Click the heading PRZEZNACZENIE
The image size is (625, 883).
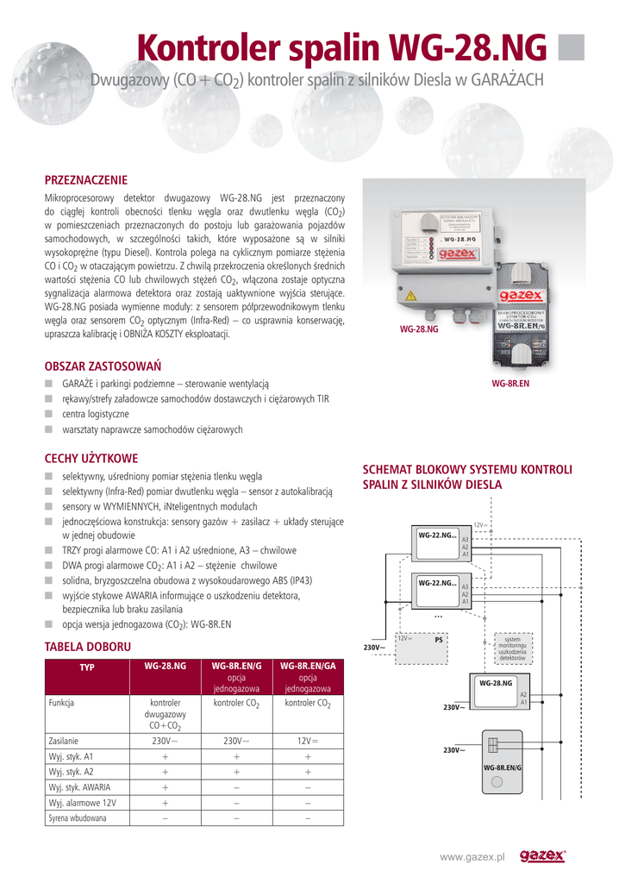(x=85, y=179)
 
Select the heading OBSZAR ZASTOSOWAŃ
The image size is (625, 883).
(x=103, y=366)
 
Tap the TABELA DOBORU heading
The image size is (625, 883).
(x=87, y=646)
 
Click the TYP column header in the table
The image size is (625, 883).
(x=86, y=667)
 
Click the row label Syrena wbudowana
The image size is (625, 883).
(x=78, y=817)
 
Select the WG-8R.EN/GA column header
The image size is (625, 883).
(x=308, y=666)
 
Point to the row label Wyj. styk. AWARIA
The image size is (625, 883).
(x=79, y=786)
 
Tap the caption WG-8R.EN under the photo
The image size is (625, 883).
(x=510, y=383)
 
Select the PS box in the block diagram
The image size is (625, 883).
(x=438, y=640)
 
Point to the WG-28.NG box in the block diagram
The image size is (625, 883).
(x=496, y=683)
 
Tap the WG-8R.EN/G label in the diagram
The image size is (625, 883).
(x=503, y=767)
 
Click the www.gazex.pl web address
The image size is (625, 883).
(x=472, y=856)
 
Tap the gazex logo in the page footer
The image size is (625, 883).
(x=542, y=855)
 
